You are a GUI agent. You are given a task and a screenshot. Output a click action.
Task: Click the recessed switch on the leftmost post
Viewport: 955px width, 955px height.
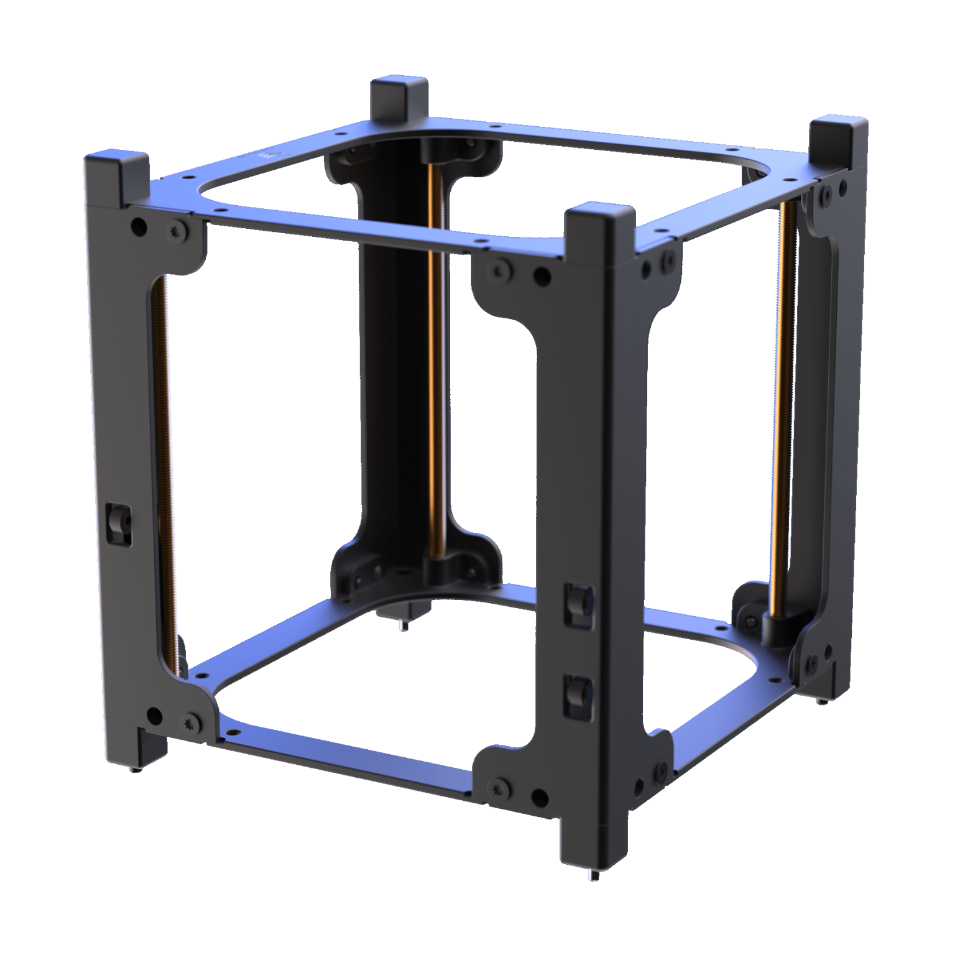click(117, 515)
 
